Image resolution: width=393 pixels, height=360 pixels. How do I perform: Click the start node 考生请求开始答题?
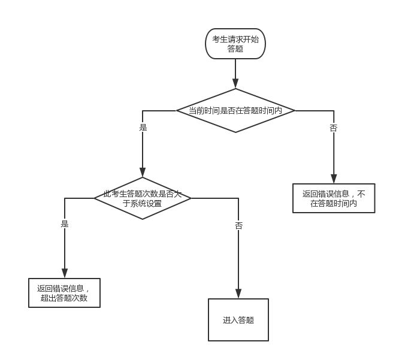tap(235, 44)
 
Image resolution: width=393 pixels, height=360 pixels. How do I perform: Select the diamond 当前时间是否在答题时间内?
tap(235, 111)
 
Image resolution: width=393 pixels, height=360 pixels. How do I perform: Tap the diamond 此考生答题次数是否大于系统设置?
tap(143, 198)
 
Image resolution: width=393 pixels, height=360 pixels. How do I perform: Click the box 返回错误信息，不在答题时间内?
tap(334, 198)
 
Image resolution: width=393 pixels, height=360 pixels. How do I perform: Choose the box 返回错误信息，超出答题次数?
tap(64, 293)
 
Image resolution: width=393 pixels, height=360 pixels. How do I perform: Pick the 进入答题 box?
tap(238, 320)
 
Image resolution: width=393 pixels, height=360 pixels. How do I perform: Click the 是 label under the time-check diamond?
tap(143, 127)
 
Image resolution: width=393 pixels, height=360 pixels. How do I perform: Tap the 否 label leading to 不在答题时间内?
tap(334, 128)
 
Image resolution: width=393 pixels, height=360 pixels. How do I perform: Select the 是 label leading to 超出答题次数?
tap(64, 223)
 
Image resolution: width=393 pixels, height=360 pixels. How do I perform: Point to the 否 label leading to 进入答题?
tap(238, 225)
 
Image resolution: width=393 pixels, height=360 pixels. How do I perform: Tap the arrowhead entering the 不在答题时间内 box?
tap(334, 179)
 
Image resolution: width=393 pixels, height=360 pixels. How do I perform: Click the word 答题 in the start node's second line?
tap(235, 49)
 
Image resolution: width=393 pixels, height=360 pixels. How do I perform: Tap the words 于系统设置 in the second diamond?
tap(143, 204)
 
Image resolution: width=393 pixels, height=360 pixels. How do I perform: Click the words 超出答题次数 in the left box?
tap(64, 298)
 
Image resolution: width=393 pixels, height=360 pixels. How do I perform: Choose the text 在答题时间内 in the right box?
tap(334, 204)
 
